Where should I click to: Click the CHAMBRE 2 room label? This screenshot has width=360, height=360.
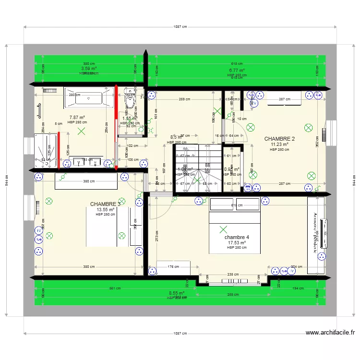[279, 139]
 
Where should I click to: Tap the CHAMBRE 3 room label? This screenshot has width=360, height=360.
[105, 204]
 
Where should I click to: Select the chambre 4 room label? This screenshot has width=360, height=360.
[237, 237]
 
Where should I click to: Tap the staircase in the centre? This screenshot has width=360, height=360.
[197, 168]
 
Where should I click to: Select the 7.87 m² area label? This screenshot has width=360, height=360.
[77, 117]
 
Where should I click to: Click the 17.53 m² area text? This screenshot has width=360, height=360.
[237, 242]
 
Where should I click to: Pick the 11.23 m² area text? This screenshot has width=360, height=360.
[279, 144]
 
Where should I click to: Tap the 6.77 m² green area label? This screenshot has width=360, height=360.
[237, 70]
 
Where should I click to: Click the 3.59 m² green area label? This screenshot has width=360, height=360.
[89, 69]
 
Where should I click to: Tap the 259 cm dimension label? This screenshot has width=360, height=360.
[181, 99]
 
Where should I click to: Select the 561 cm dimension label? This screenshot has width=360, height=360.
[114, 288]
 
